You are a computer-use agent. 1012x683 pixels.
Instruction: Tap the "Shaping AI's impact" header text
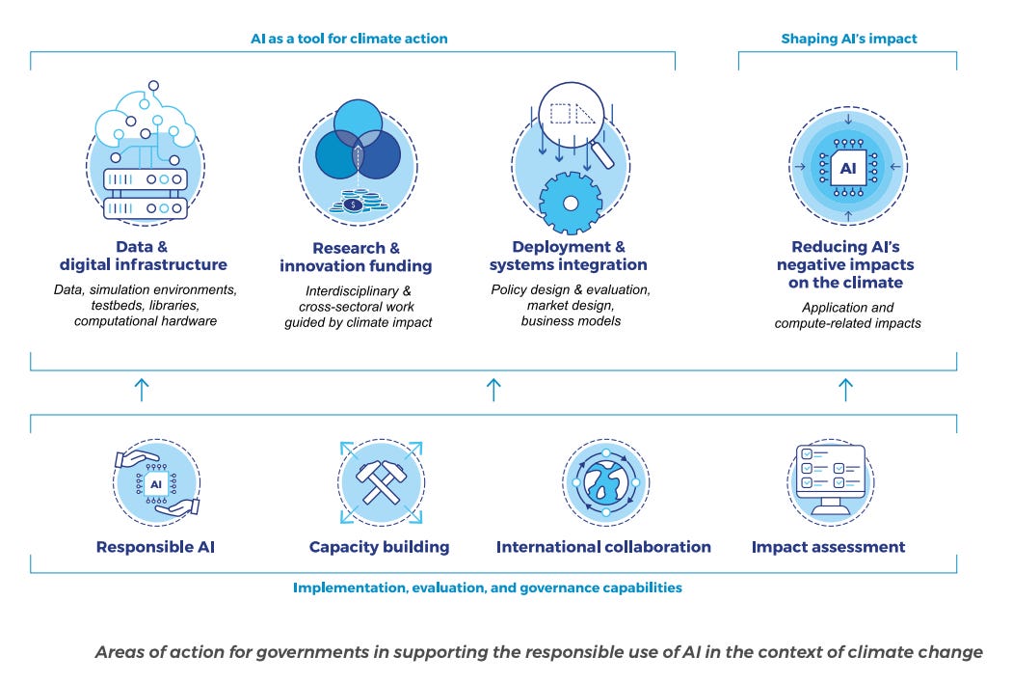click(x=848, y=39)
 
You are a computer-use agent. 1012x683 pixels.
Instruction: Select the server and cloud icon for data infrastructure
click(x=144, y=159)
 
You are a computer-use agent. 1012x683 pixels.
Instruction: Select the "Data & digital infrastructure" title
click(x=144, y=256)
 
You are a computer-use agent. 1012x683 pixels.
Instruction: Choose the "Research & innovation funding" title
click(x=356, y=257)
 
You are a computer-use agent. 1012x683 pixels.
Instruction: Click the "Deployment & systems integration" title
click(x=568, y=256)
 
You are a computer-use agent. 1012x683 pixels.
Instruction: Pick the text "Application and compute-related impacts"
click(x=847, y=315)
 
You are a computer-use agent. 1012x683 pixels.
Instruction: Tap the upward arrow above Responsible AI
click(x=142, y=390)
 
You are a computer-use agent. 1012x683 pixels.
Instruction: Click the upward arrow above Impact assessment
click(x=845, y=390)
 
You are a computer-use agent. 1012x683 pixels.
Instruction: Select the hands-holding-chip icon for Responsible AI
click(x=156, y=482)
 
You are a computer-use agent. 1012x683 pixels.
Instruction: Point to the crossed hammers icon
click(x=380, y=482)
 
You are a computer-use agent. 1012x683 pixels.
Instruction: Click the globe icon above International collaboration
click(x=604, y=482)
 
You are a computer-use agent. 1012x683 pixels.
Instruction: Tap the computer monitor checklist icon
click(x=829, y=479)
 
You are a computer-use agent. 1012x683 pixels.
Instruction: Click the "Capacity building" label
click(x=379, y=547)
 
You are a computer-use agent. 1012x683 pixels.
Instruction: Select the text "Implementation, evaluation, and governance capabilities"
click(x=488, y=587)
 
